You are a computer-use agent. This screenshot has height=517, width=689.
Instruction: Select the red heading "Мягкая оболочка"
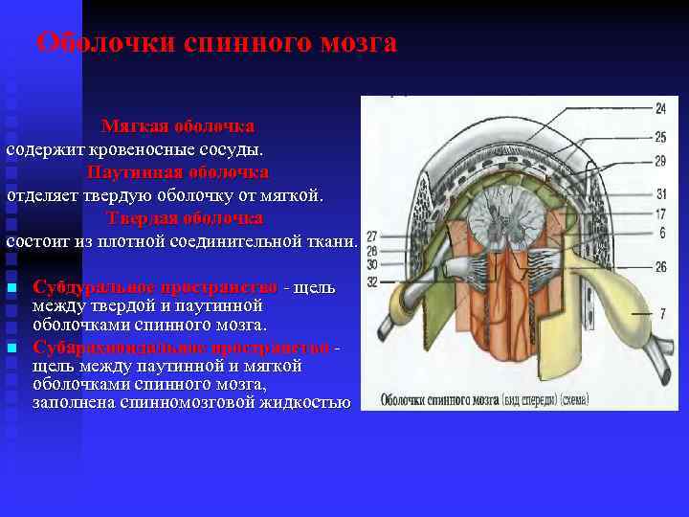point(178,126)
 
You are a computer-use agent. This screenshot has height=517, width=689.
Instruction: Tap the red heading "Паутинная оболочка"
point(178,172)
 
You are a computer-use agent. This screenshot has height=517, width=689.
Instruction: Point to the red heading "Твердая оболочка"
point(185,217)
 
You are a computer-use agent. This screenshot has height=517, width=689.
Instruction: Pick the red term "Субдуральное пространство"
point(156,286)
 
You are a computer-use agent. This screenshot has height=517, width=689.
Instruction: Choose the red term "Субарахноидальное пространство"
point(182,346)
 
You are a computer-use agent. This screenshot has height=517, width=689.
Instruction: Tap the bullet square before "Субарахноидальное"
point(12,348)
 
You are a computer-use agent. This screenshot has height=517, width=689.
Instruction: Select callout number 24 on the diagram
point(661,107)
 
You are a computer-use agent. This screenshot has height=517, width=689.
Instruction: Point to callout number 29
point(661,161)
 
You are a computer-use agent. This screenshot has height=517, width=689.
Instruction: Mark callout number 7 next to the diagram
point(662,313)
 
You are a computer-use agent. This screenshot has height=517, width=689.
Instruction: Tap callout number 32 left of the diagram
point(372,281)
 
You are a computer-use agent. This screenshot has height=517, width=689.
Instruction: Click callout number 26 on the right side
point(661,267)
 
